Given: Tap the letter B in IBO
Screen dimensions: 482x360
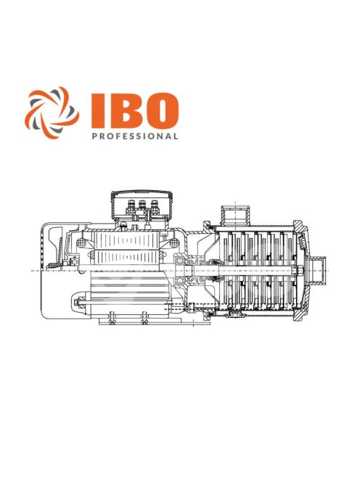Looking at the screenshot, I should (x=122, y=110).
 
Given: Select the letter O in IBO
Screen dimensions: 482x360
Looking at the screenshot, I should (x=159, y=110).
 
